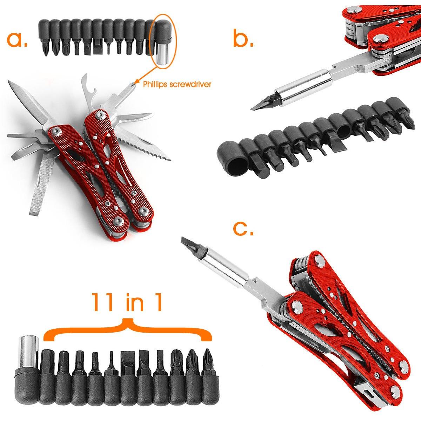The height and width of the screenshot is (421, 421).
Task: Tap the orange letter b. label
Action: [x=243, y=38]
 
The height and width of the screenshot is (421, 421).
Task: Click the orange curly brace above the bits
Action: [x=128, y=329]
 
